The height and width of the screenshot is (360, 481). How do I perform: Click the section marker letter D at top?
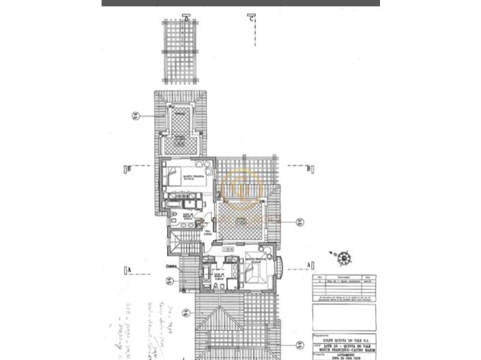coord(186,18)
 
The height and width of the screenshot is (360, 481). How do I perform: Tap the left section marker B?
coord(128,168)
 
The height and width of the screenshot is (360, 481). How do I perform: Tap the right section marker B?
coord(309,167)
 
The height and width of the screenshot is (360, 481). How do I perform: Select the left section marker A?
coord(128,269)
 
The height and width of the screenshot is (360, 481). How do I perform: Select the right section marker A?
coord(310,264)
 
